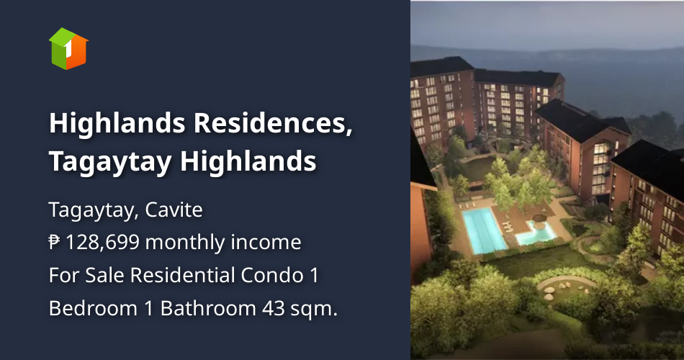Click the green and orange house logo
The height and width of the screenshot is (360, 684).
(68, 48)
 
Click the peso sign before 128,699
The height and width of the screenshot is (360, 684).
(55, 243)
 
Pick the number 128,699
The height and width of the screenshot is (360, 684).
(104, 243)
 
